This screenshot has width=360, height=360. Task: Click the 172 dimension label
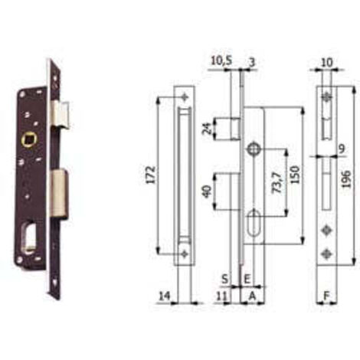(x=151, y=175)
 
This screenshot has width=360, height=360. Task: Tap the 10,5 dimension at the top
(x=221, y=61)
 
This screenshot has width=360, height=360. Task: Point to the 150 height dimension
(x=295, y=175)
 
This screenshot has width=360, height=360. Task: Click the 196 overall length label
(x=346, y=179)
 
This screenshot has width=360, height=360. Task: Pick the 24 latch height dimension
(x=208, y=129)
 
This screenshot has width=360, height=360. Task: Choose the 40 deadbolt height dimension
(x=207, y=191)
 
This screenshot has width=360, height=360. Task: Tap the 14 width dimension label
(x=164, y=296)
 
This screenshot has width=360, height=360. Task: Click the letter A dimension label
(x=252, y=296)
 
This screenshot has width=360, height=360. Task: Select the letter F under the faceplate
(x=326, y=296)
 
